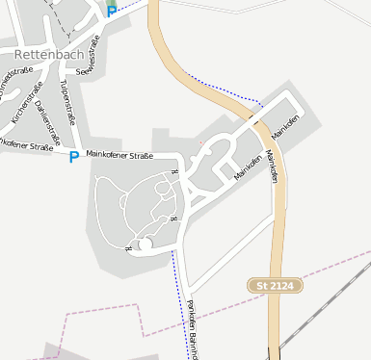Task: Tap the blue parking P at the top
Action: click(112, 11)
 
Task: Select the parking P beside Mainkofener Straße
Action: click(73, 157)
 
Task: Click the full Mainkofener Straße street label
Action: click(119, 153)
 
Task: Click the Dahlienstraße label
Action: click(46, 113)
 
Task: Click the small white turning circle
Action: click(146, 245)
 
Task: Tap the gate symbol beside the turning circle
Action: click(129, 248)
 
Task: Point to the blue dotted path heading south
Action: click(179, 298)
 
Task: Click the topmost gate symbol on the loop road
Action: click(174, 171)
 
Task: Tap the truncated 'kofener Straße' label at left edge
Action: click(25, 147)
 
